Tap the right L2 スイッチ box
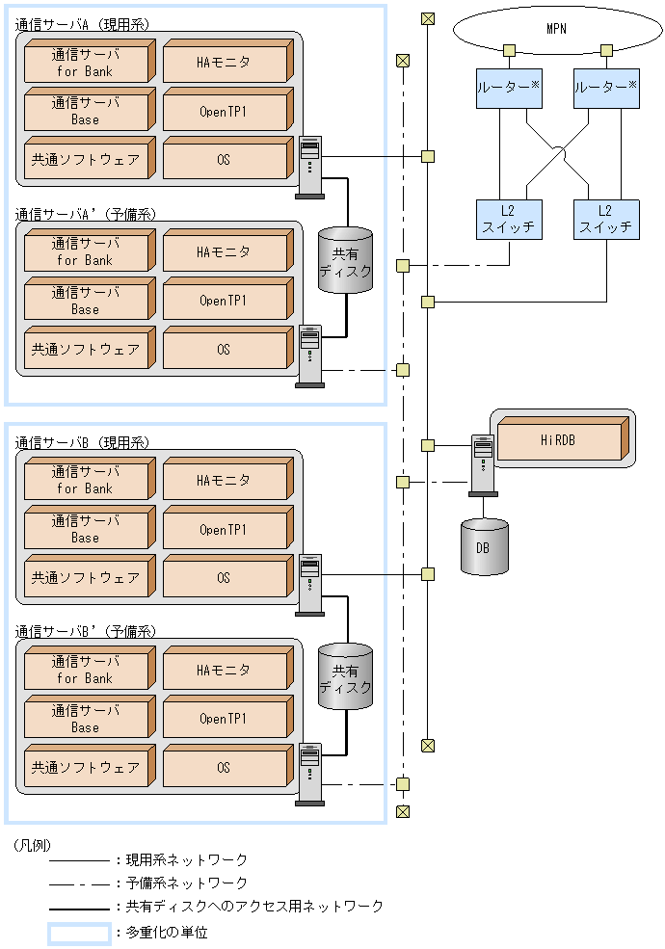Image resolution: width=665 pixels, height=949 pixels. click(606, 220)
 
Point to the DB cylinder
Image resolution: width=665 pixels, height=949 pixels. click(484, 547)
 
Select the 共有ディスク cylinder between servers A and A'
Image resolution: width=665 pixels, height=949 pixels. click(345, 255)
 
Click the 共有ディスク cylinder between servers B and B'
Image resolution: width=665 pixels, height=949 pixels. click(345, 673)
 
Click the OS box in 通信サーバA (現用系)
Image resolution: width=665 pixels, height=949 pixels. click(225, 159)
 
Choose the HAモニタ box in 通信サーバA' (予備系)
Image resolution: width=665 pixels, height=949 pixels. click(225, 252)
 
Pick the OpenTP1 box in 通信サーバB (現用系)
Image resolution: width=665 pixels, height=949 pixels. click(225, 530)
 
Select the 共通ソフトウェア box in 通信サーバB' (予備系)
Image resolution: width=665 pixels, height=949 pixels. click(86, 768)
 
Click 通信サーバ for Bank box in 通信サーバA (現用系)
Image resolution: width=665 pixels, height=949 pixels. click(86, 64)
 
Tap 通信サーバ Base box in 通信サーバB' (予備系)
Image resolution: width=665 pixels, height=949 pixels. click(86, 719)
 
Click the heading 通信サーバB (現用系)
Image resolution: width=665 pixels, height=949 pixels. click(83, 442)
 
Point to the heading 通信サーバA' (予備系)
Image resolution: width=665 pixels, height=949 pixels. click(86, 214)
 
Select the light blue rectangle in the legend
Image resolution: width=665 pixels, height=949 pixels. click(79, 933)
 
